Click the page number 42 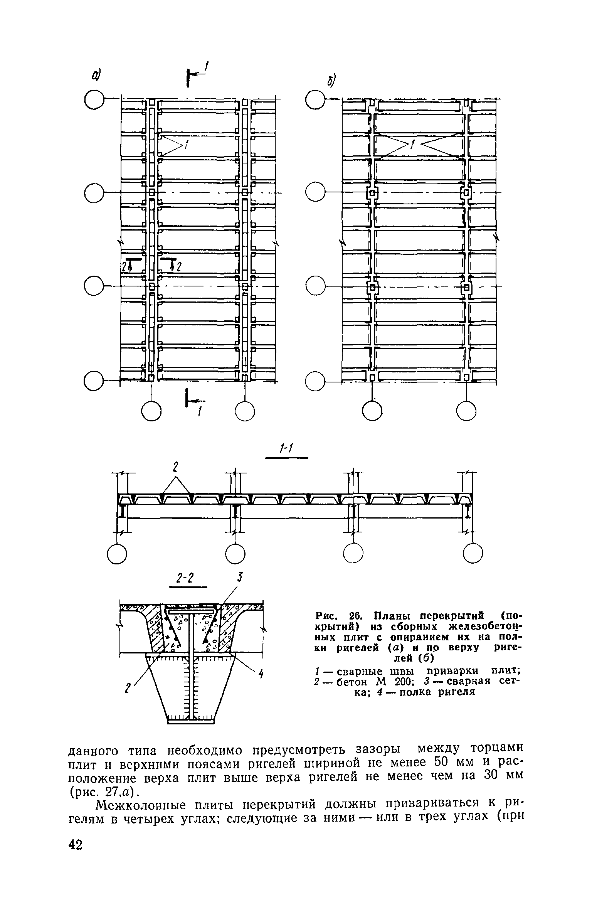click(76, 867)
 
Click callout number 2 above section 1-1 click(175, 467)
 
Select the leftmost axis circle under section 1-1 click(117, 554)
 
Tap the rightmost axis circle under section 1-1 click(473, 554)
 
